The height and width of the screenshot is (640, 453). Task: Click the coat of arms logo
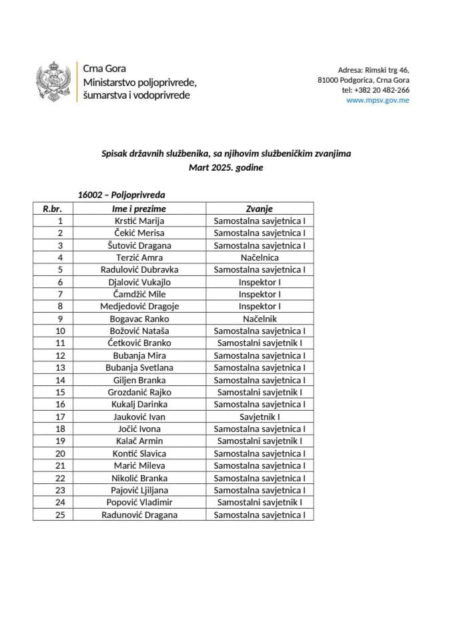click(x=53, y=83)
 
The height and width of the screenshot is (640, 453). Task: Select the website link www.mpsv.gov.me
click(x=378, y=101)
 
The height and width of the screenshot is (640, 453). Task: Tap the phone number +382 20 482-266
click(x=376, y=90)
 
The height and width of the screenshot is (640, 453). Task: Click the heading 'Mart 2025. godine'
click(x=226, y=168)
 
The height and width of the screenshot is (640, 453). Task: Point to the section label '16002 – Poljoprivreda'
click(x=121, y=195)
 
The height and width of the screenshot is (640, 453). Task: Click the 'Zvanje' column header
click(x=260, y=209)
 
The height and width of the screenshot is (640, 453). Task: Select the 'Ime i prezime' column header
click(x=139, y=209)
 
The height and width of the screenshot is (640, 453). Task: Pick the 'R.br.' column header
click(x=53, y=209)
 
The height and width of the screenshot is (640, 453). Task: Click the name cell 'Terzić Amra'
click(x=139, y=257)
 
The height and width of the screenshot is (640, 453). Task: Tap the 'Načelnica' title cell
click(x=260, y=257)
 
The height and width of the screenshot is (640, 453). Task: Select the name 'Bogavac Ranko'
click(x=139, y=319)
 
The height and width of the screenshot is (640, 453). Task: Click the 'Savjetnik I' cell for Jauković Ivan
click(x=260, y=417)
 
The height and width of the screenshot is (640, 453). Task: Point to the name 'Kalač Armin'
click(x=139, y=441)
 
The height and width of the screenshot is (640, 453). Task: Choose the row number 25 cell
click(x=60, y=515)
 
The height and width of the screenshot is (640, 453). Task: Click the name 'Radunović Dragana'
click(x=139, y=515)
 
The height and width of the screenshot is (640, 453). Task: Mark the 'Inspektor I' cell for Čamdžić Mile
click(x=260, y=294)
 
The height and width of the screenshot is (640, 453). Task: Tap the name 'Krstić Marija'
click(x=139, y=221)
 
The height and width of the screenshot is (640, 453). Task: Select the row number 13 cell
click(x=60, y=368)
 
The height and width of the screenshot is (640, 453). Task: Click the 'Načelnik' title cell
click(x=260, y=319)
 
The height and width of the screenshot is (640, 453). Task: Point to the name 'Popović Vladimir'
click(x=139, y=503)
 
